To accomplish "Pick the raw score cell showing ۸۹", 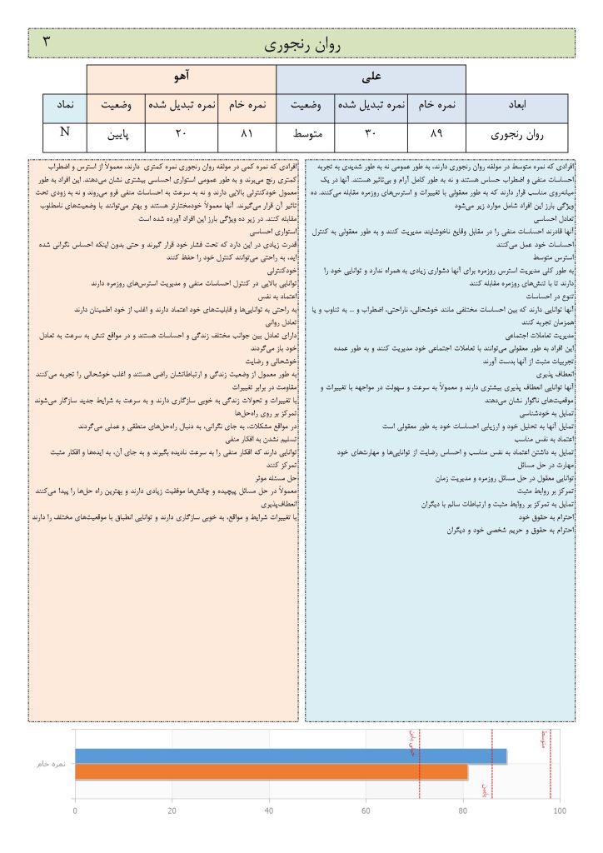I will tap(436, 133).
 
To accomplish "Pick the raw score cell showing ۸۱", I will tap(247, 133).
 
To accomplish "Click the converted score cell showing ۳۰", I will tap(371, 133).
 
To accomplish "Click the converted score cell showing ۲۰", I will tap(181, 133).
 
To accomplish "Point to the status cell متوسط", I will tap(306, 133).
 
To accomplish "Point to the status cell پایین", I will tap(116, 133).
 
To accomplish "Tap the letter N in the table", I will tap(64, 132).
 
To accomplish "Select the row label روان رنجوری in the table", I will tap(516, 133).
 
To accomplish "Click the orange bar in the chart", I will tap(271, 772).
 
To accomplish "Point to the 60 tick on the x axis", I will tap(366, 811).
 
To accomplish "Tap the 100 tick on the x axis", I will tap(559, 811).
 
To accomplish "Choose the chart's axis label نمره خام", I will tap(52, 764).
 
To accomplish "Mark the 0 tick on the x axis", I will tap(75, 811).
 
